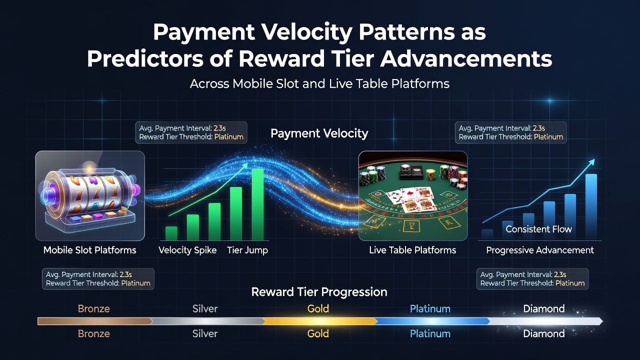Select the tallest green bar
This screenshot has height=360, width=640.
pos(257,204)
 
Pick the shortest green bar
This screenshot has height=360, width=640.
pos(171,233)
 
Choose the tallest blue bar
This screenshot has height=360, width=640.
pos(591,206)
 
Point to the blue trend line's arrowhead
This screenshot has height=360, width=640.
pos(591,162)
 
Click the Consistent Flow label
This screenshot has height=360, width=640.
pos(538,229)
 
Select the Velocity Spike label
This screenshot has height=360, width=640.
pos(187,250)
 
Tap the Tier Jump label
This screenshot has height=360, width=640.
pos(247,250)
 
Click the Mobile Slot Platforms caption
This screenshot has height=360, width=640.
pos(89,250)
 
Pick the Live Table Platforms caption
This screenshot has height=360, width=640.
pos(412,250)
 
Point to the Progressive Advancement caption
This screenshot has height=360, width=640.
pos(540,250)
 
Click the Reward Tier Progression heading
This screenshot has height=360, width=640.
pos(319,292)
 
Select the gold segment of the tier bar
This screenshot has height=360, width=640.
pos(319,321)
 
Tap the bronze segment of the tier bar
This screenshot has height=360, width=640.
pos(95,321)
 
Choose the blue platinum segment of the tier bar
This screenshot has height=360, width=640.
pos(432,321)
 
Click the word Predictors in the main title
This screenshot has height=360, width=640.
pos(145,59)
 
